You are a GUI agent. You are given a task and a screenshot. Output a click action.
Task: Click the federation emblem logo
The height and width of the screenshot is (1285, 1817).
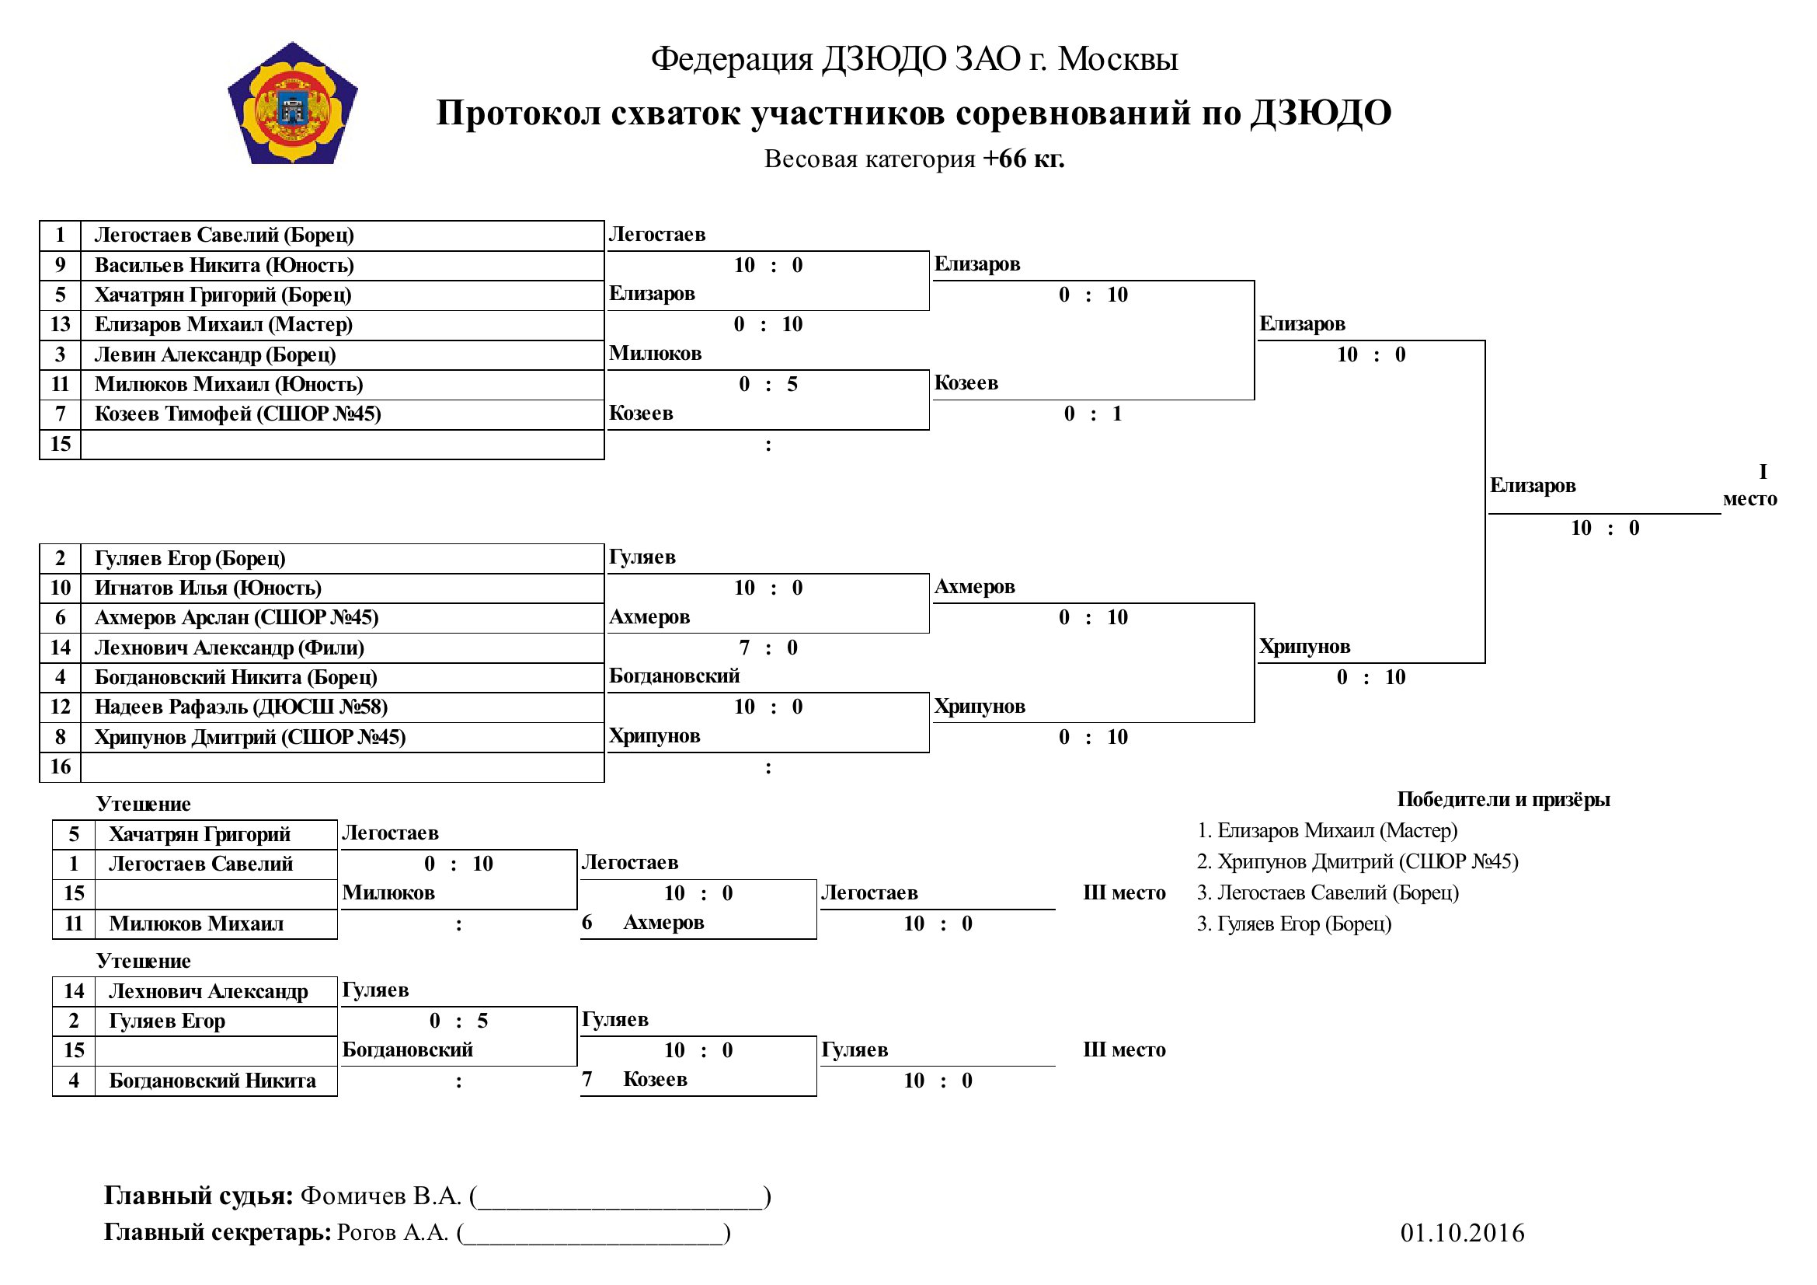pos(293,103)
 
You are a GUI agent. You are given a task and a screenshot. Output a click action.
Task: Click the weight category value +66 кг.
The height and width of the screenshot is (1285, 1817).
pos(1023,159)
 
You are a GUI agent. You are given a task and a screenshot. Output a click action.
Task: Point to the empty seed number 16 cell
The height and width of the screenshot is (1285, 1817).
pos(60,766)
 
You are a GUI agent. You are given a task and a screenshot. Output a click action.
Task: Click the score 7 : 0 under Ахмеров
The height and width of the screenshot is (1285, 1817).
pos(768,648)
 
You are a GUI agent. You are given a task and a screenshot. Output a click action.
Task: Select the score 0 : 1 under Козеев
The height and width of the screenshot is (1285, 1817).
pos(1093,414)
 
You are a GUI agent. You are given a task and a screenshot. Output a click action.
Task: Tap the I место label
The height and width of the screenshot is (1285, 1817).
pos(1750,485)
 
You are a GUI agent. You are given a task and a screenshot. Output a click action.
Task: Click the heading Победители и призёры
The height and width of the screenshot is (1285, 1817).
pos(1504,800)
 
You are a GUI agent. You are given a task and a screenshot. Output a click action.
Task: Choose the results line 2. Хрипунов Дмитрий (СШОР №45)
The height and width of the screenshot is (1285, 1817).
pos(1358,861)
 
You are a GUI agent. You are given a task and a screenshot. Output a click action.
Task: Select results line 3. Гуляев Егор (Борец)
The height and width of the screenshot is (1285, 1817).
pos(1294,924)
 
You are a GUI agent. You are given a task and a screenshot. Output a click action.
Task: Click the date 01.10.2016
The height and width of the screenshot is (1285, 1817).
pos(1463,1233)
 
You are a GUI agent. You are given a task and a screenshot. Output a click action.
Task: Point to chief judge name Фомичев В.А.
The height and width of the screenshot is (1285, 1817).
pos(381,1196)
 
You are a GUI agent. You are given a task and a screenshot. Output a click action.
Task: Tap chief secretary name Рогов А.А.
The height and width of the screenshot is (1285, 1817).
pos(392,1233)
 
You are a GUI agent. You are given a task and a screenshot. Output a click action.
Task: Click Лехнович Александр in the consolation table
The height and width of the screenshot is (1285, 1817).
pos(208,991)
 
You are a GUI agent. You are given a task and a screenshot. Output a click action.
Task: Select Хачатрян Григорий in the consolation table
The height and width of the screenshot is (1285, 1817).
pos(200,834)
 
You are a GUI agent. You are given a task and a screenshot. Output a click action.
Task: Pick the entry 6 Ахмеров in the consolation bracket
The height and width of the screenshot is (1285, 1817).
pos(642,923)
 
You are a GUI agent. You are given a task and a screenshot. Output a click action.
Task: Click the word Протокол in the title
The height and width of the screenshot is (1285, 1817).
pos(517,113)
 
